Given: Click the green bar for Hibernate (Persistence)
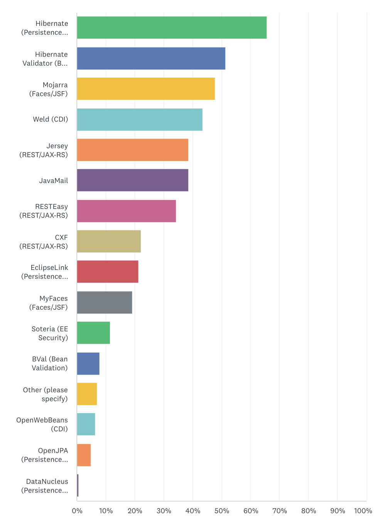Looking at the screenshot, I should pyautogui.click(x=172, y=27).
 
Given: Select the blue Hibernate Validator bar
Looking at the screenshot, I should pyautogui.click(x=151, y=58).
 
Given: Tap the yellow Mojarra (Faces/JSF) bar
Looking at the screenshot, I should pyautogui.click(x=146, y=89).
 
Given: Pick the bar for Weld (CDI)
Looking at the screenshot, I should pyautogui.click(x=140, y=119).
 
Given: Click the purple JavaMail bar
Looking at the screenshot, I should pyautogui.click(x=132, y=180).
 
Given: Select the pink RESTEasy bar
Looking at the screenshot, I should pyautogui.click(x=126, y=211).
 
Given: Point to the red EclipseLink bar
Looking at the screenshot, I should pyautogui.click(x=108, y=271).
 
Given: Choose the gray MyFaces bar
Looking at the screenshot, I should pyautogui.click(x=104, y=302).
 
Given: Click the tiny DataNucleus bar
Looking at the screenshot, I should pyautogui.click(x=78, y=485).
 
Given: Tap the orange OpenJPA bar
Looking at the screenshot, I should pyautogui.click(x=84, y=455).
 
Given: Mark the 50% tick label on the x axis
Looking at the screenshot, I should pyautogui.click(x=222, y=511).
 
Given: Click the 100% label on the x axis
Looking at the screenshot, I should pyautogui.click(x=363, y=511).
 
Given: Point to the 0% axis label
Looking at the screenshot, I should pyautogui.click(x=77, y=511).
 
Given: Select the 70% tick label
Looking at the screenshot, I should pyautogui.click(x=280, y=511).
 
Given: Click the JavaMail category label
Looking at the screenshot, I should pyautogui.click(x=54, y=181).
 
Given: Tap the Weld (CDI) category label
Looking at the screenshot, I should pyautogui.click(x=51, y=119).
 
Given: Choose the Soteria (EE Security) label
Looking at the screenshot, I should pyautogui.click(x=50, y=333).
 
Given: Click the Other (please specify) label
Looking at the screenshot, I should pyautogui.click(x=46, y=394).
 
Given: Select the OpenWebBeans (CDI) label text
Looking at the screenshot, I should pyautogui.click(x=42, y=424).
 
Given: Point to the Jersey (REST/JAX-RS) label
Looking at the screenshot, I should pyautogui.click(x=44, y=150).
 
